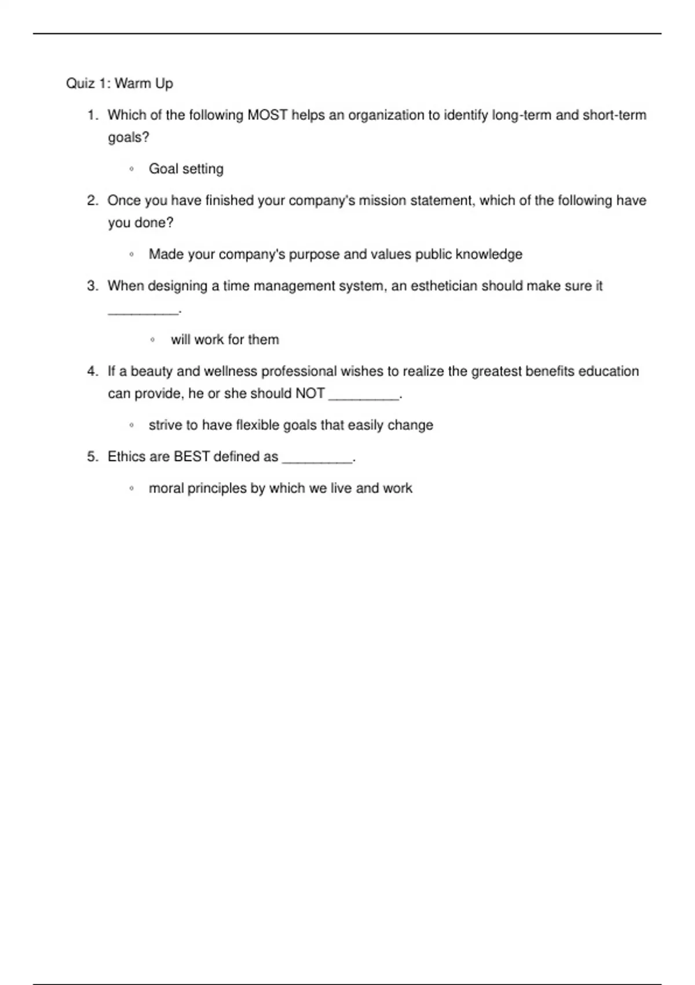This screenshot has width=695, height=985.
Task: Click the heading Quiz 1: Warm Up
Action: click(x=119, y=83)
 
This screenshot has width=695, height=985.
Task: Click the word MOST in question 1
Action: click(x=268, y=115)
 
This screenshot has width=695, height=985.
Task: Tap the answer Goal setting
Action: click(x=186, y=169)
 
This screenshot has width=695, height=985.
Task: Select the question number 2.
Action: click(x=92, y=200)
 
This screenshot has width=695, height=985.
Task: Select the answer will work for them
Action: click(x=225, y=340)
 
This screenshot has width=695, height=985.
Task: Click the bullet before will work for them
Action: click(x=152, y=340)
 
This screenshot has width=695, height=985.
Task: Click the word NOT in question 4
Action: click(x=310, y=393)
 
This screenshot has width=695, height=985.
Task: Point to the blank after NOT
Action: click(x=364, y=397)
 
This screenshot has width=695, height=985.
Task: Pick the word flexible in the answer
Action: click(x=256, y=425)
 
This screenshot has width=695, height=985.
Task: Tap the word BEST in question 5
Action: click(x=192, y=457)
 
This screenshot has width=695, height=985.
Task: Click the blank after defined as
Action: click(x=317, y=460)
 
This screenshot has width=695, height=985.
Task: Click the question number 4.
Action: click(x=92, y=371)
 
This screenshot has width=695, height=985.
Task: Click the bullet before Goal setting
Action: click(x=131, y=169)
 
